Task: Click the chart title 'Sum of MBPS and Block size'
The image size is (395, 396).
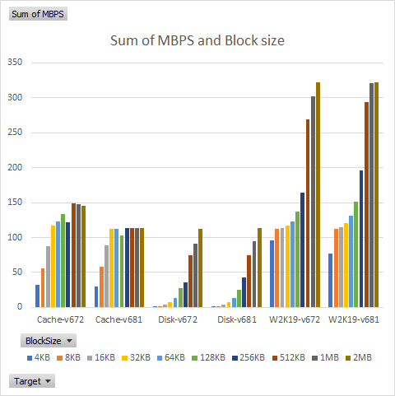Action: (x=197, y=41)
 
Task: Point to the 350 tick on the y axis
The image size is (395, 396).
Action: (x=14, y=63)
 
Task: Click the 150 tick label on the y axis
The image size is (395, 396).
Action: (x=14, y=203)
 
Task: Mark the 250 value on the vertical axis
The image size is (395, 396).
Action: (x=14, y=133)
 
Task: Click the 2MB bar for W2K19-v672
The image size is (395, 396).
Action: (x=318, y=195)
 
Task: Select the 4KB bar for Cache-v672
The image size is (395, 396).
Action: (x=38, y=296)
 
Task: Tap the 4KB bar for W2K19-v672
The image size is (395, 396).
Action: (x=272, y=274)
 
